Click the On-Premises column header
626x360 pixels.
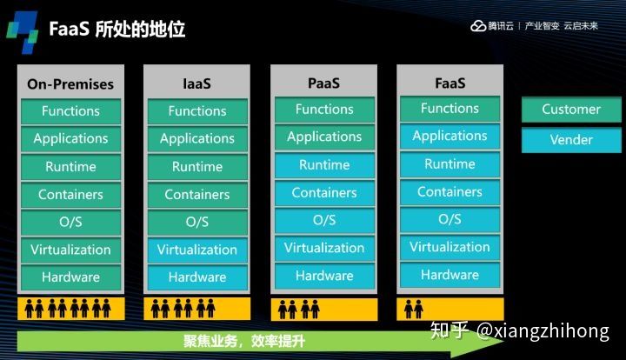70,84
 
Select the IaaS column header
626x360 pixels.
197,84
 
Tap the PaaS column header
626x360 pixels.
323,83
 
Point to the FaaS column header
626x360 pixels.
450,83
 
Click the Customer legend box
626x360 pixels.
571,110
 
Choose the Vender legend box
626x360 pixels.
571,140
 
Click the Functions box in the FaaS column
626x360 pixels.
450,109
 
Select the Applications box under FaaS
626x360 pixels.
450,136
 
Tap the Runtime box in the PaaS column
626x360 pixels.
324,165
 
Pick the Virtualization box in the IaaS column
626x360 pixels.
197,250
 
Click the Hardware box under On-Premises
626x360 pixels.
70,277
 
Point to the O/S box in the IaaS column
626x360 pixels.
197,222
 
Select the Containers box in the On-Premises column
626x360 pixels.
70,195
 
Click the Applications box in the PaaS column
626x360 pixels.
324,137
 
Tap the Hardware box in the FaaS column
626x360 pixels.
450,275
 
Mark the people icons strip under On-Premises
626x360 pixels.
70,308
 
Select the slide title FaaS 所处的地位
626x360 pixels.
129,30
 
